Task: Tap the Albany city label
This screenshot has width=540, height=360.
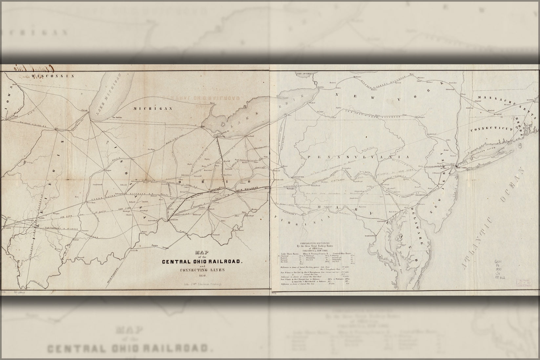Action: tap(463, 94)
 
